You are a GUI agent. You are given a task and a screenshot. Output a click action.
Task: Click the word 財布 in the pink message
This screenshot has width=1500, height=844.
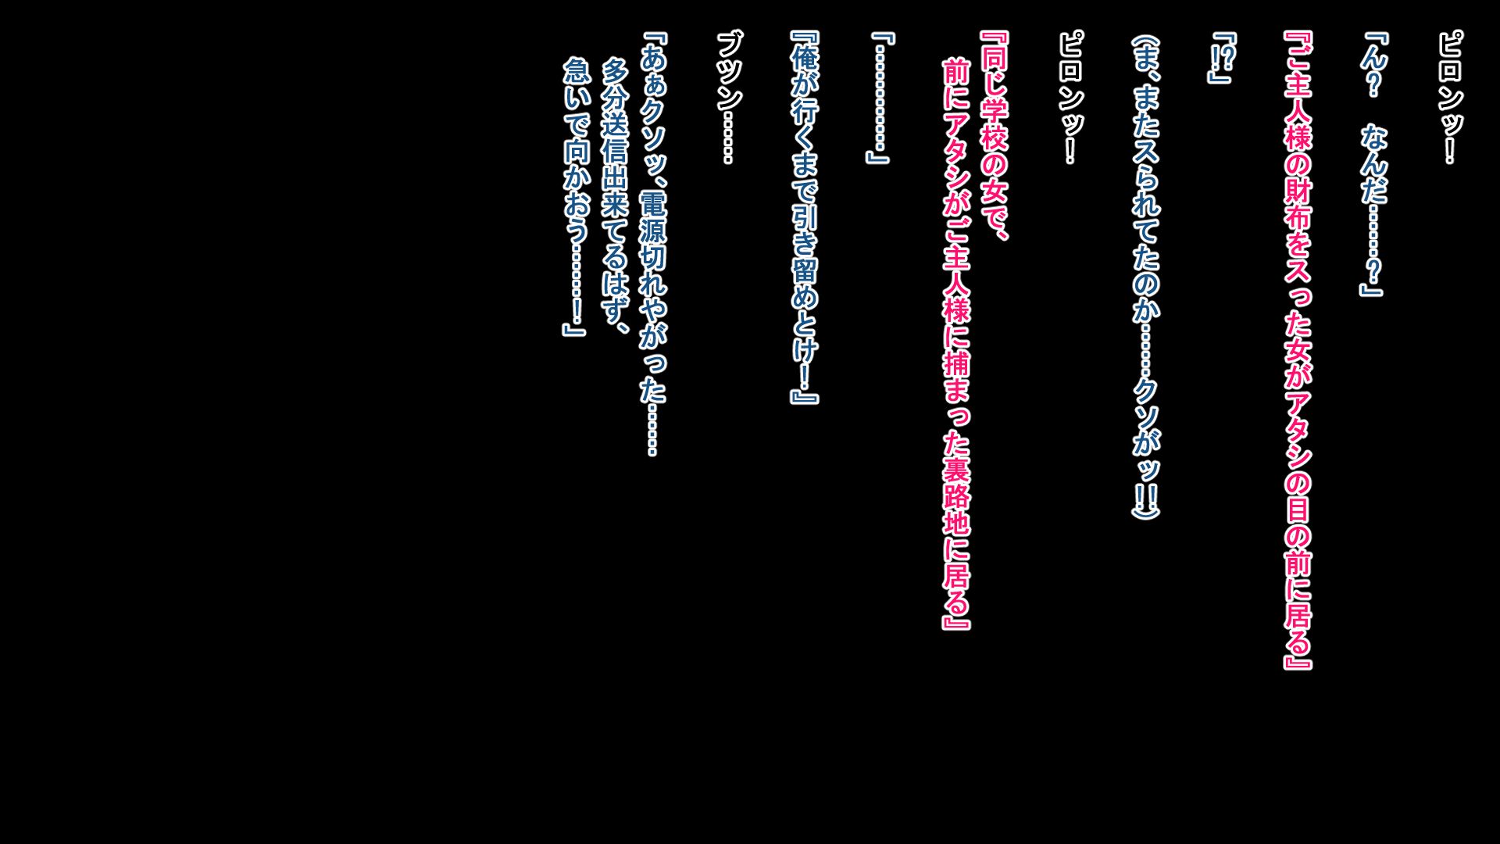click(1298, 203)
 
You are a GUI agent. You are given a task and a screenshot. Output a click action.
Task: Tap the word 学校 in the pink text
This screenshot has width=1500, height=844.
click(995, 125)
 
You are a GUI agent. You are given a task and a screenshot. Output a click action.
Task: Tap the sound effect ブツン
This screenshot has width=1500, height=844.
click(729, 70)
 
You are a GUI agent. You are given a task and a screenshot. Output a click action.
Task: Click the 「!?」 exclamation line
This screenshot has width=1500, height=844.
click(1222, 57)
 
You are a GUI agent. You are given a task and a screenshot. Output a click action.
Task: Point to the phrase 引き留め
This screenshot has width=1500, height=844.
click(805, 257)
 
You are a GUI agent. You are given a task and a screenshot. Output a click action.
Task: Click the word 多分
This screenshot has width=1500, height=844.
click(615, 85)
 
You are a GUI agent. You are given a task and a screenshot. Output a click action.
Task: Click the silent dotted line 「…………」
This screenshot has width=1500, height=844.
click(880, 97)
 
